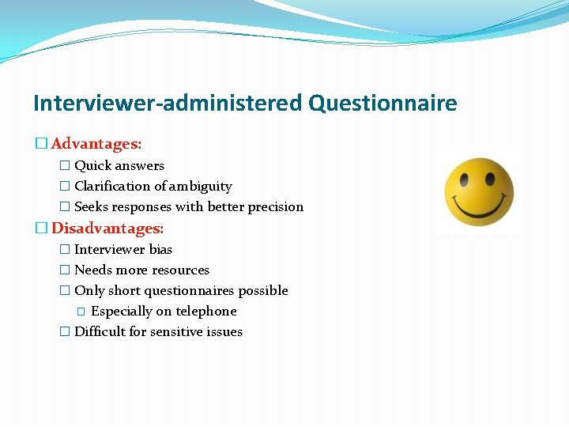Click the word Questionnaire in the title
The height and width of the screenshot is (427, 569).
coord(383,104)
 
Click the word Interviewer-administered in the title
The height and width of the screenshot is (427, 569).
coord(168,104)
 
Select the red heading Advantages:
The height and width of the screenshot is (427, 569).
coord(96,145)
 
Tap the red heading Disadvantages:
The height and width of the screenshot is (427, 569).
coord(107,229)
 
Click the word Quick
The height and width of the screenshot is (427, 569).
coord(93,165)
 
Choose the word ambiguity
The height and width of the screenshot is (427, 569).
coord(200,186)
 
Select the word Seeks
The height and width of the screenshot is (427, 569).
coord(92,206)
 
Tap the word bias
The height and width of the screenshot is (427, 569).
coord(160,249)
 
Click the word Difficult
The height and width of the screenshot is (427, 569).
coord(100,331)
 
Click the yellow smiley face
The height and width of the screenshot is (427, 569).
coord(479,192)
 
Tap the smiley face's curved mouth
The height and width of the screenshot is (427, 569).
coord(479,212)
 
